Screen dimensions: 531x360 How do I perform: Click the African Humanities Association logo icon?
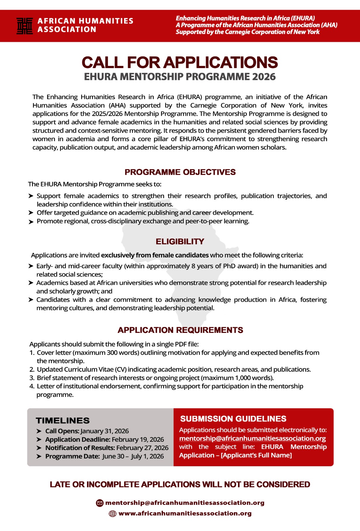[25, 26]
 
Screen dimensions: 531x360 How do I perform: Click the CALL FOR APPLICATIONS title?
[180, 63]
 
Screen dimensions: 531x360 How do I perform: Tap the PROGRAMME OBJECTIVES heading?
[180, 172]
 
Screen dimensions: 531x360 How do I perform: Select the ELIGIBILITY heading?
[180, 242]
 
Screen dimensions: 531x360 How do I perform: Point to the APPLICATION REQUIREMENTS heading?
[180, 330]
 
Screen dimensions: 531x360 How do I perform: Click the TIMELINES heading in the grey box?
[63, 421]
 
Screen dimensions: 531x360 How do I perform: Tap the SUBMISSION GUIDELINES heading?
[233, 419]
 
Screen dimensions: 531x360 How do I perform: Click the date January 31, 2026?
[105, 431]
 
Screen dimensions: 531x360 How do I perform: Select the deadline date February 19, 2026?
[138, 439]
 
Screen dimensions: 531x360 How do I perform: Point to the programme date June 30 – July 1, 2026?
[133, 456]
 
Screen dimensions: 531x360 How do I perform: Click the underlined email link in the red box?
[252, 438]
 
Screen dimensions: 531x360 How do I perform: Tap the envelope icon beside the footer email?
[100, 503]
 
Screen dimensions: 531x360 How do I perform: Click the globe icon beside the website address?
[113, 514]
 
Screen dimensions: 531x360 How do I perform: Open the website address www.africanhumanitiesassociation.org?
[185, 513]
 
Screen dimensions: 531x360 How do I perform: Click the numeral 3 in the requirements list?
[32, 378]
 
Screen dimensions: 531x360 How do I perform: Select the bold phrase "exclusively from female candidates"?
[155, 255]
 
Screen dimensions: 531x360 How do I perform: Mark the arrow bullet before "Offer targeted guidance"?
[31, 213]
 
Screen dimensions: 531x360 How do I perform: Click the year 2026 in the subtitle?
[264, 77]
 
